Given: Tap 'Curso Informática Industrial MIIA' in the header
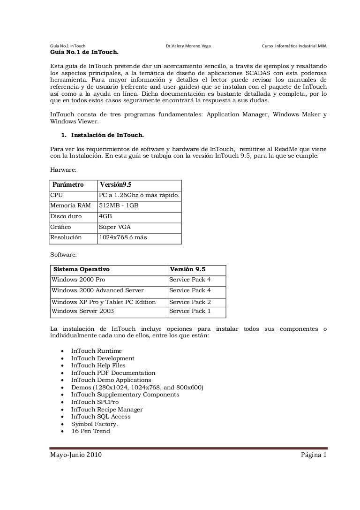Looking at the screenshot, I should point(294,46).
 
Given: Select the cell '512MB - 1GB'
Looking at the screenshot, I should point(119,206).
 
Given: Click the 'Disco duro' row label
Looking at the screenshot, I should point(66,216).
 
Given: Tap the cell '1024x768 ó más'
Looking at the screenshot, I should point(123,237).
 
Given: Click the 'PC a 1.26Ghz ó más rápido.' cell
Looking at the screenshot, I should point(139,195).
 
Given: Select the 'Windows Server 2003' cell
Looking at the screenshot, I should point(82,311).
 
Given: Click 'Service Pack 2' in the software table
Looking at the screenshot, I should point(190,302).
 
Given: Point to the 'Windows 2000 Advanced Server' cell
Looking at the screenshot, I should point(97,290).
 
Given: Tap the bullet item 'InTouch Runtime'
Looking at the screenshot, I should point(97,351).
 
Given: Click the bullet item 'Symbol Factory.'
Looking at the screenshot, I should point(94,424).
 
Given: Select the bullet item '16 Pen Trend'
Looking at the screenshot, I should point(90,431).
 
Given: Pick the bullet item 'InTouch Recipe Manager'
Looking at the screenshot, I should point(107,409).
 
